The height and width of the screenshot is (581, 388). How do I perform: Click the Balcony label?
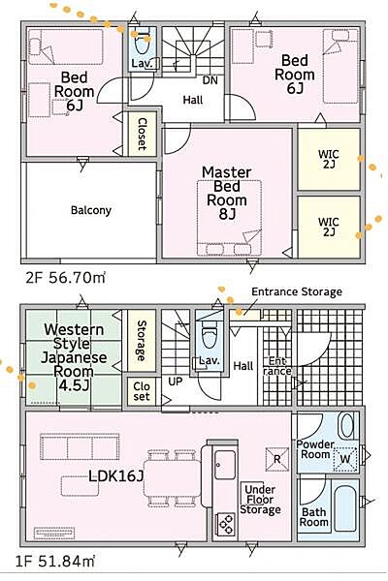click(91, 210)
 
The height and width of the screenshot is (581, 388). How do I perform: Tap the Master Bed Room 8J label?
click(226, 193)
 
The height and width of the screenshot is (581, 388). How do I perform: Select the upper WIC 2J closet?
click(329, 159)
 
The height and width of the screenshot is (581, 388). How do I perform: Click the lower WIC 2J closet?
click(329, 227)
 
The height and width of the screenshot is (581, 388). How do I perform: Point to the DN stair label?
click(210, 80)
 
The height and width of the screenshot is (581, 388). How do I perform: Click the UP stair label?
click(176, 382)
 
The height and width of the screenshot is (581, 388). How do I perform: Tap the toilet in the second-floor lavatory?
click(141, 44)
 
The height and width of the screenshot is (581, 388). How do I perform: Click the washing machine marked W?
click(345, 459)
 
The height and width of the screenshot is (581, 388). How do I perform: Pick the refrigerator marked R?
click(277, 459)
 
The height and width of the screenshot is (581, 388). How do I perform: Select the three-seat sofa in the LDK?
click(80, 447)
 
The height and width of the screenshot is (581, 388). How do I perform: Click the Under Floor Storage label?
click(260, 500)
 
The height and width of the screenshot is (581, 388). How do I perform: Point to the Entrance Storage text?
click(297, 292)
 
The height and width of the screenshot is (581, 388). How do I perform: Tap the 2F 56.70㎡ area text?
click(65, 278)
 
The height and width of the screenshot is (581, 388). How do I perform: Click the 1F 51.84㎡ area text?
click(55, 562)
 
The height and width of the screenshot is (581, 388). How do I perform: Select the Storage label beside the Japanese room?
click(141, 341)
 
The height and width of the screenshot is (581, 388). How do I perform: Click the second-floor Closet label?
click(142, 134)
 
